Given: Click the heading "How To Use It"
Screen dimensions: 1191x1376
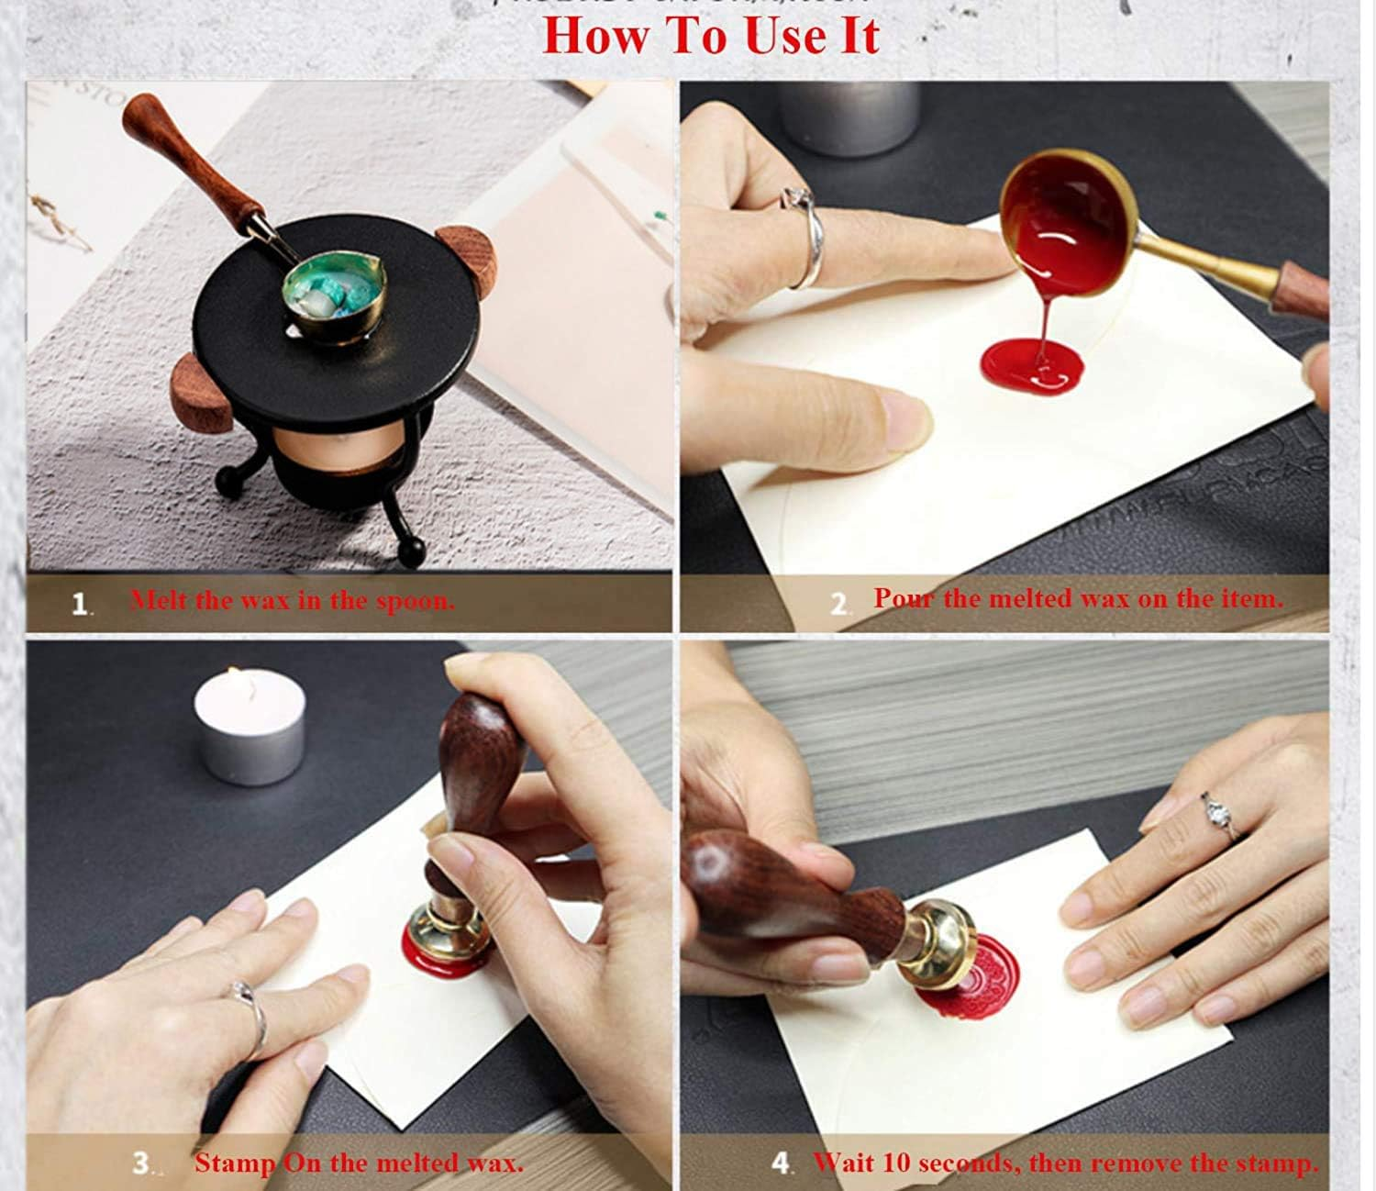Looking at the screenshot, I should pyautogui.click(x=711, y=36).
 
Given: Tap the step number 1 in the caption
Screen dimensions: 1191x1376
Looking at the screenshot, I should pyautogui.click(x=81, y=604).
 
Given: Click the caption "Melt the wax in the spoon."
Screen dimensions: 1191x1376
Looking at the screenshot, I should pyautogui.click(x=292, y=601).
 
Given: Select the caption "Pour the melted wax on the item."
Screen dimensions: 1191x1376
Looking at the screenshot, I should pyautogui.click(x=1078, y=599).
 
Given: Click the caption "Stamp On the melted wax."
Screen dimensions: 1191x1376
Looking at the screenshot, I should pyautogui.click(x=359, y=1163).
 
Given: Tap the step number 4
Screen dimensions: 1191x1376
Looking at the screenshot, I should pyautogui.click(x=781, y=1163).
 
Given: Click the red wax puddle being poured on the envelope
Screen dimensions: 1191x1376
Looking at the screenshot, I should pyautogui.click(x=1033, y=363).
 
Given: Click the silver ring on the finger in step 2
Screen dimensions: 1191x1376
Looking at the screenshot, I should pyautogui.click(x=805, y=239).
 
